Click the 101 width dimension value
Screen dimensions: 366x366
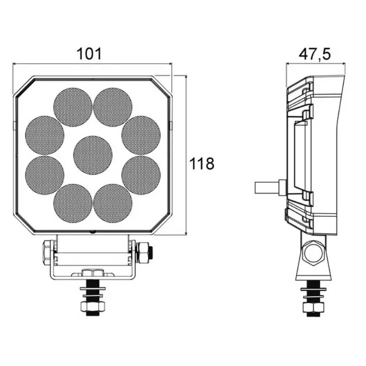[x=89, y=54]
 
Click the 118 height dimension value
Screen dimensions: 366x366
[x=202, y=163]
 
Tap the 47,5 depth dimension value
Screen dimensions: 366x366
[x=315, y=54]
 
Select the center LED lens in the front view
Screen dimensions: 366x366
[x=93, y=155]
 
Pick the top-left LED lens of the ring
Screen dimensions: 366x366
[x=73, y=107]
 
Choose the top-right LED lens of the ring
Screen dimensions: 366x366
[x=113, y=107]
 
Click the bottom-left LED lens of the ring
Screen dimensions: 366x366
[x=73, y=203]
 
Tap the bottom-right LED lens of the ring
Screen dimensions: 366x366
[x=113, y=203]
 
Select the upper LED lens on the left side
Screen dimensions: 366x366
[x=44, y=135]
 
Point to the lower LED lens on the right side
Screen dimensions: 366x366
[x=141, y=175]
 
